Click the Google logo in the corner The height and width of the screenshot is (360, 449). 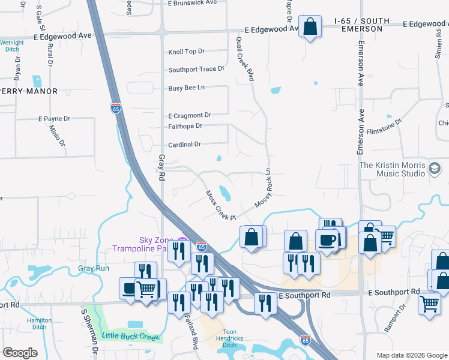pyautogui.click(x=20, y=353)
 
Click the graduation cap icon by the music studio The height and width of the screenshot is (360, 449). pyautogui.click(x=435, y=169)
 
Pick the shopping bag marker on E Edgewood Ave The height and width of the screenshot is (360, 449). pyautogui.click(x=310, y=27)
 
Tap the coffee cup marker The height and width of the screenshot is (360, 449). pyautogui.click(x=328, y=240)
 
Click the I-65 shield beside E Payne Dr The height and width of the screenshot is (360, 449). pyautogui.click(x=116, y=108)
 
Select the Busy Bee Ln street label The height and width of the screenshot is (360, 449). pyautogui.click(x=187, y=88)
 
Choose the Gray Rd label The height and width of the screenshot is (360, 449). pyautogui.click(x=161, y=167)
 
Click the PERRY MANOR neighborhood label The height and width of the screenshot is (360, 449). pyautogui.click(x=29, y=91)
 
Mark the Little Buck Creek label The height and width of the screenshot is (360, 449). pyautogui.click(x=131, y=337)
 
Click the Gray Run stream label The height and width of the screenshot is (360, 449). pyautogui.click(x=94, y=268)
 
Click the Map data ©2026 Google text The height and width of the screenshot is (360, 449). pyautogui.click(x=412, y=355)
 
